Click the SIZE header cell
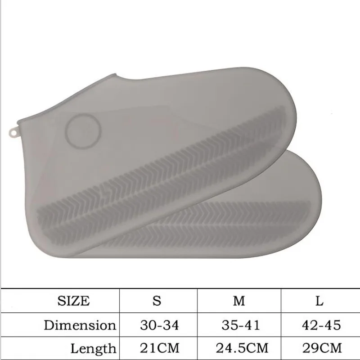[x=73, y=301]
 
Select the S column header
[x=157, y=301]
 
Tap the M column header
[x=239, y=301]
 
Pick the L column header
[x=319, y=301]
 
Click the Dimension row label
[x=80, y=325]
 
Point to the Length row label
[x=93, y=348]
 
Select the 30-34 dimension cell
[x=159, y=325]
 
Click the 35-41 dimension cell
[x=241, y=325]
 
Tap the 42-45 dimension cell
[x=321, y=325]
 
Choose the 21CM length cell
[x=160, y=348]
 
